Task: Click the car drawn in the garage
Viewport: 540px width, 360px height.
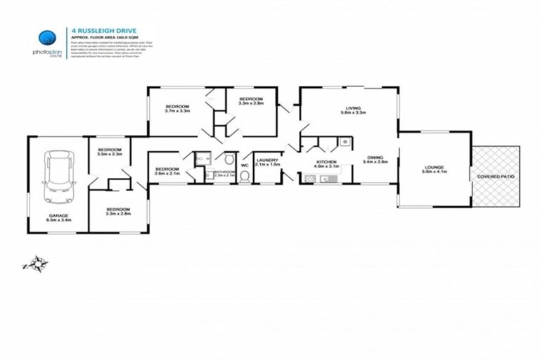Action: click(x=58, y=176)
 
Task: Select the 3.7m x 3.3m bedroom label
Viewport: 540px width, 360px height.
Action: click(x=176, y=108)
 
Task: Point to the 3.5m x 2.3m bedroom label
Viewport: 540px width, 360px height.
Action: click(x=110, y=153)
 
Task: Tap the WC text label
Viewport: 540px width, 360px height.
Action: click(x=245, y=166)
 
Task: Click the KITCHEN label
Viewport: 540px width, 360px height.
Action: click(x=326, y=165)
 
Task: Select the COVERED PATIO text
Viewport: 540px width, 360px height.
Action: click(x=496, y=176)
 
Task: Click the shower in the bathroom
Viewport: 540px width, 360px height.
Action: click(x=202, y=160)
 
